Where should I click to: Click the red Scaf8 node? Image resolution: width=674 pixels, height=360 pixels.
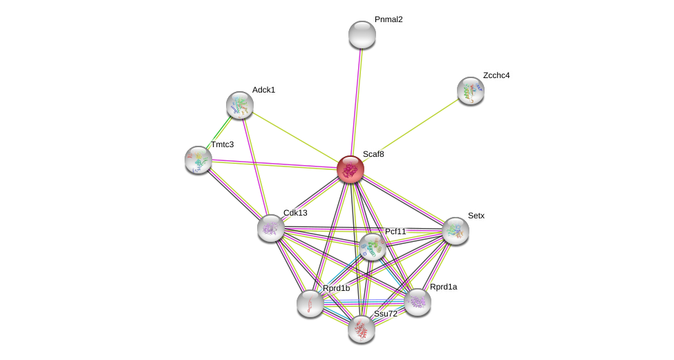pos(350,169)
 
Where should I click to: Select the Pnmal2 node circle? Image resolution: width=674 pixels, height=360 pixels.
pos(362,35)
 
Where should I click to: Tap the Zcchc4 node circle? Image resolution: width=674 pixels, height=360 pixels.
pos(470,91)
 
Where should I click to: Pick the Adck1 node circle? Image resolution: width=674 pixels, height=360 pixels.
pos(239,105)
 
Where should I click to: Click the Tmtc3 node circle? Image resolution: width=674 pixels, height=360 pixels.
pos(198,160)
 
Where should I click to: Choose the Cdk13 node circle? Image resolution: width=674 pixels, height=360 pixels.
pos(270,227)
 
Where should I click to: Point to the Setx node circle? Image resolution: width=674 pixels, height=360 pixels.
pos(455,231)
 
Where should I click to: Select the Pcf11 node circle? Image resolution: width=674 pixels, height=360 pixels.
pos(372,247)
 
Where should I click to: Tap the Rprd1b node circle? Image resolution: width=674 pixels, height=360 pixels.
pos(310,303)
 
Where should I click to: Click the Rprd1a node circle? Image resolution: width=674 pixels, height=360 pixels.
pos(418,301)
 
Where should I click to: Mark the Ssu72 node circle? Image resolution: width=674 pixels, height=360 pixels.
pos(361,328)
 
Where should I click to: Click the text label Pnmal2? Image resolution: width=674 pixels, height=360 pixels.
pos(388,19)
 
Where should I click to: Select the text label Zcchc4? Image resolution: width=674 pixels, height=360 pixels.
pos(496,75)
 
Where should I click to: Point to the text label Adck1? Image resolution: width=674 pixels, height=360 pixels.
pos(263,90)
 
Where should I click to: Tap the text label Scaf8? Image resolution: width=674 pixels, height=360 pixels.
pos(373,154)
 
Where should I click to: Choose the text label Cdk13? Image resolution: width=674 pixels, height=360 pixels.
pos(295,213)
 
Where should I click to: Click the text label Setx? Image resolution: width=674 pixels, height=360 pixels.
pos(476,216)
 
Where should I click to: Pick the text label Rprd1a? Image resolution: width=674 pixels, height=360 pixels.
pos(443,287)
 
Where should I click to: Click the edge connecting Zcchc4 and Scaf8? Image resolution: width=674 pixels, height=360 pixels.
pos(411,129)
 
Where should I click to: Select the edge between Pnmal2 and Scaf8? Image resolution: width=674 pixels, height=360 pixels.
pos(356,102)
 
